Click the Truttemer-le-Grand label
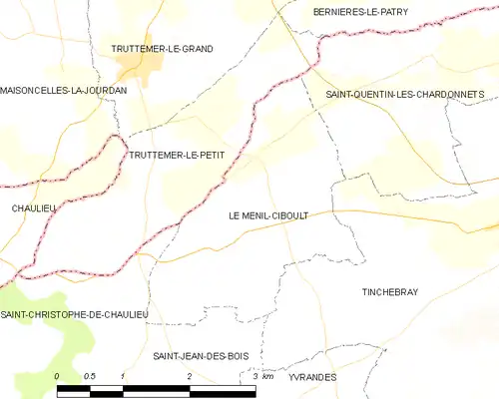[162, 48]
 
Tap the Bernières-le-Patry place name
[360, 12]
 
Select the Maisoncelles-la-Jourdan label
[64, 90]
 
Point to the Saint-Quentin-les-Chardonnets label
[405, 94]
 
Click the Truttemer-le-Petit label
[176, 155]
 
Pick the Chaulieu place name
[32, 207]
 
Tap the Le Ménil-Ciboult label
[274, 214]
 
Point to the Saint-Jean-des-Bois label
[201, 356]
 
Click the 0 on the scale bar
[58, 376]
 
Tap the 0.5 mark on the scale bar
[89, 376]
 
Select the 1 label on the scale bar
[122, 376]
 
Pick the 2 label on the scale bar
[188, 376]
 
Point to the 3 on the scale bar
[254, 376]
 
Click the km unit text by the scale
[267, 376]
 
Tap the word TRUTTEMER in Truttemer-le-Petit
[156, 155]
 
